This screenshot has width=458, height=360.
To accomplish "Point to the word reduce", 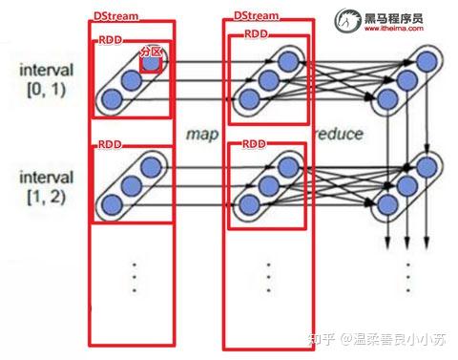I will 338,134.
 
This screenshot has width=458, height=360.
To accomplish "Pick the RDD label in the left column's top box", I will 109,41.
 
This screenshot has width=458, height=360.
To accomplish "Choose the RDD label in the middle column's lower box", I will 253,143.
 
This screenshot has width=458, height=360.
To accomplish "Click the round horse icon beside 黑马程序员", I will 345,21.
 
